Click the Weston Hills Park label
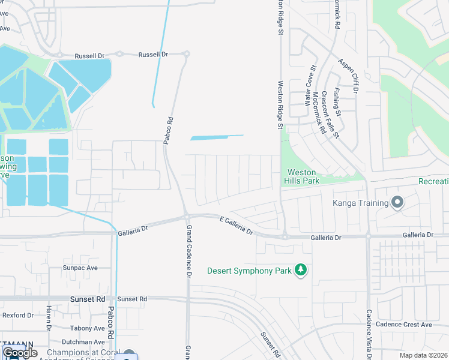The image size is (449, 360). (303, 176)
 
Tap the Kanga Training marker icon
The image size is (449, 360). (397, 203)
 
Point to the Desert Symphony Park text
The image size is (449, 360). (249, 271)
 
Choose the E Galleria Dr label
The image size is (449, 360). (237, 226)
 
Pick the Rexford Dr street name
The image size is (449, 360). (18, 315)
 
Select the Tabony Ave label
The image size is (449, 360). (87, 328)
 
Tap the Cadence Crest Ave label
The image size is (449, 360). (403, 325)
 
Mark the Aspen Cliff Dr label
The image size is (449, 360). (348, 76)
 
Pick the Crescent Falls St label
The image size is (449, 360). (330, 113)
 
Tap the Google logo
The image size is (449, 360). (20, 353)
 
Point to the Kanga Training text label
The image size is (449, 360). (361, 203)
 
